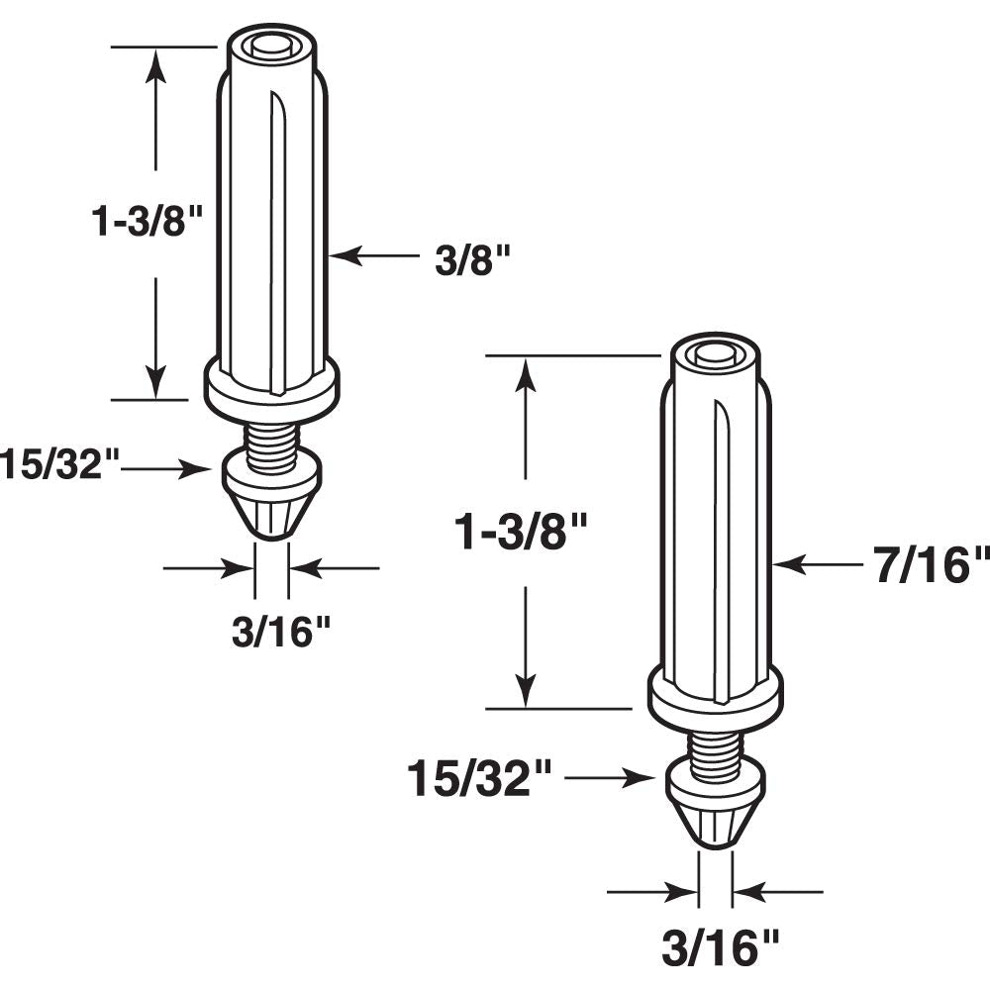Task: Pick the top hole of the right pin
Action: [715, 352]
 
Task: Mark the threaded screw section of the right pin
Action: [715, 744]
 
